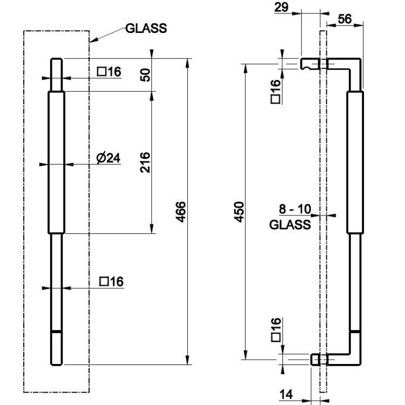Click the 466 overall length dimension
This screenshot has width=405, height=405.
click(x=180, y=212)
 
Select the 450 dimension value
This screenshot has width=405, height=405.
click(x=239, y=212)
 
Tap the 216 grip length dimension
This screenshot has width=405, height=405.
click(x=145, y=163)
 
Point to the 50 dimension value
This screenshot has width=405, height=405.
click(x=145, y=75)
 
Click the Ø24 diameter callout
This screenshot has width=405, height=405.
click(x=108, y=158)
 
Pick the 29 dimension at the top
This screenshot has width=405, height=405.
click(x=281, y=7)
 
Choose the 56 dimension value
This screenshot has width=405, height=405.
click(x=345, y=19)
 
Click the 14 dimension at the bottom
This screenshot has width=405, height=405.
click(x=286, y=394)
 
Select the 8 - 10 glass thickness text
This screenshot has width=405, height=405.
click(x=295, y=209)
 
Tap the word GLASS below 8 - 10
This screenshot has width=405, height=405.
click(x=290, y=225)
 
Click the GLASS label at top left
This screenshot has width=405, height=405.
click(x=146, y=28)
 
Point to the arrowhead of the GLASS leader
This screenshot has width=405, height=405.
click(x=90, y=42)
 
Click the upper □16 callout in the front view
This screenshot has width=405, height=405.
click(x=109, y=71)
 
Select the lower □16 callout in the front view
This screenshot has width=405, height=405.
click(x=111, y=281)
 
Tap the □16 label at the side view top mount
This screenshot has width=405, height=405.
click(x=275, y=91)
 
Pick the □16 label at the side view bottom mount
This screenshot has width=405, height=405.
click(x=276, y=330)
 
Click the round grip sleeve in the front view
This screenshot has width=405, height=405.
click(x=56, y=163)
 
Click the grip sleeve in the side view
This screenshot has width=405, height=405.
click(x=355, y=163)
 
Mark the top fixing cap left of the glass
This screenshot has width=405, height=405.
click(x=310, y=64)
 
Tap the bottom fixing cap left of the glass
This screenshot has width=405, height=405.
click(x=315, y=359)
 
